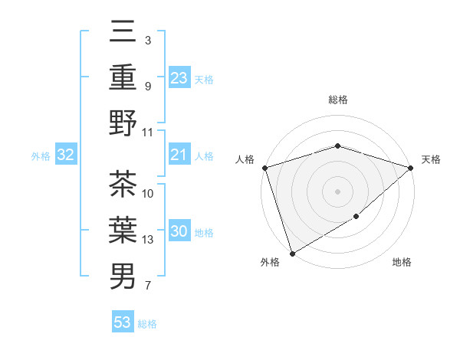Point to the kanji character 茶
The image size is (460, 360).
point(123,185)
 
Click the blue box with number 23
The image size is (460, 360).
point(179,78)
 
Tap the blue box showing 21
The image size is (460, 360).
point(179,155)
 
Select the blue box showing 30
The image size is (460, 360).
point(179,232)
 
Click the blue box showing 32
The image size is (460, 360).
point(66,155)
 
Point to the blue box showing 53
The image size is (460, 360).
point(123,322)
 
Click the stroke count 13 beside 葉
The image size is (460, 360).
point(148,240)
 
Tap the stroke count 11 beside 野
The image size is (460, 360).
point(148,132)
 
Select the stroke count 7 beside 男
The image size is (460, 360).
point(147,286)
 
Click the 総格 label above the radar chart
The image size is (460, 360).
point(337,100)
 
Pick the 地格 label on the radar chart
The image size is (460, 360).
point(402,263)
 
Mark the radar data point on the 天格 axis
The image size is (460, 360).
point(411,167)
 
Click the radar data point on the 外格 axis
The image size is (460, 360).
point(292,254)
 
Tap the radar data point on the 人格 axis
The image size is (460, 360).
point(264,167)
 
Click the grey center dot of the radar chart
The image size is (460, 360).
point(337,191)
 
